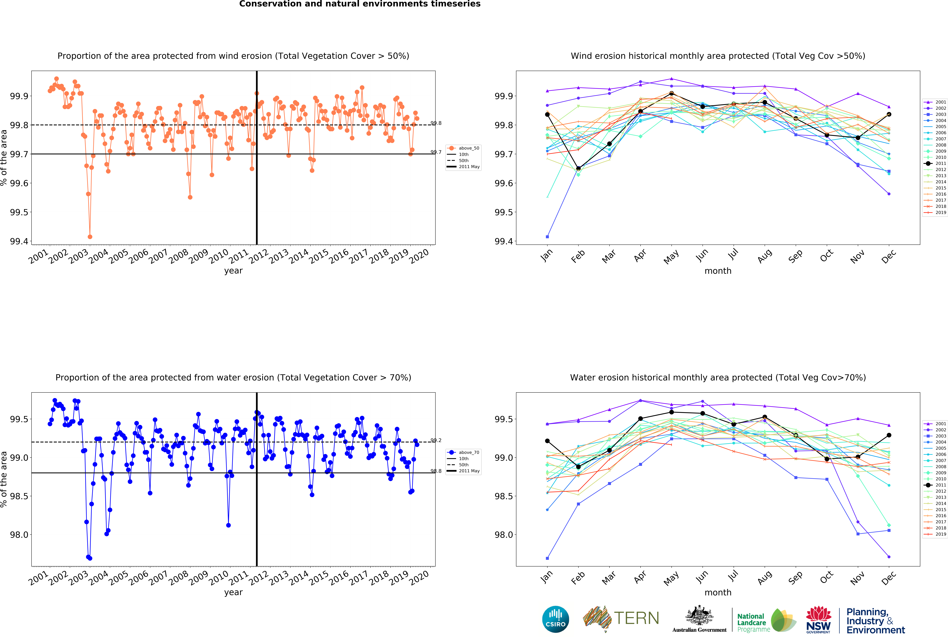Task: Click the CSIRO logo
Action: point(556,619)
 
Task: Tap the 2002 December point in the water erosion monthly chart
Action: point(889,557)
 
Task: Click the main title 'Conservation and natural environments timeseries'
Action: point(360,4)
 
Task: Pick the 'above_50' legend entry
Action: point(463,148)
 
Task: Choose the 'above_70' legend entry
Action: point(463,452)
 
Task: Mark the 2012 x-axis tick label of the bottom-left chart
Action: point(259,578)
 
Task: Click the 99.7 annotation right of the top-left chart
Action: point(436,152)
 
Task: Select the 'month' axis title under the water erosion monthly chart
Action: point(718,592)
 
